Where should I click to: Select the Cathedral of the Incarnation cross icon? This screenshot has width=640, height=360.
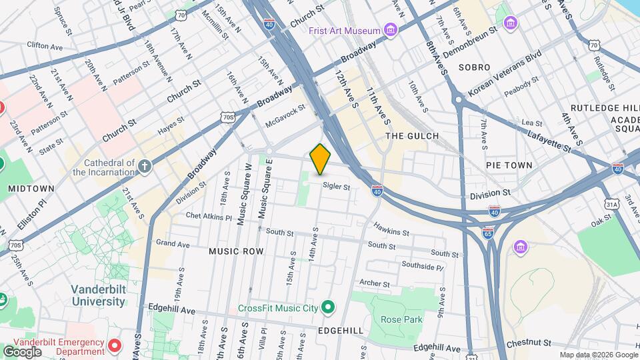(144, 164)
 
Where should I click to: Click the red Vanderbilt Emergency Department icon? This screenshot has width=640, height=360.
(115, 345)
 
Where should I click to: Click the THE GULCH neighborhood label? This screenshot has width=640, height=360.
(413, 136)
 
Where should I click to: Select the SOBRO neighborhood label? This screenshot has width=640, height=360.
(474, 67)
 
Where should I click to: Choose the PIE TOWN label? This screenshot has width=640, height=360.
(509, 165)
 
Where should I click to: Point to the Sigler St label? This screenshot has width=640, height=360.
(337, 187)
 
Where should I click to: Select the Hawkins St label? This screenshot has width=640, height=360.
(391, 232)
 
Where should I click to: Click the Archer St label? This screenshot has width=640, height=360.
(375, 283)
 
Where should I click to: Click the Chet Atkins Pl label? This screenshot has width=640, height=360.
(209, 217)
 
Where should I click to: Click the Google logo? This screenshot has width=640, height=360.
(23, 351)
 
